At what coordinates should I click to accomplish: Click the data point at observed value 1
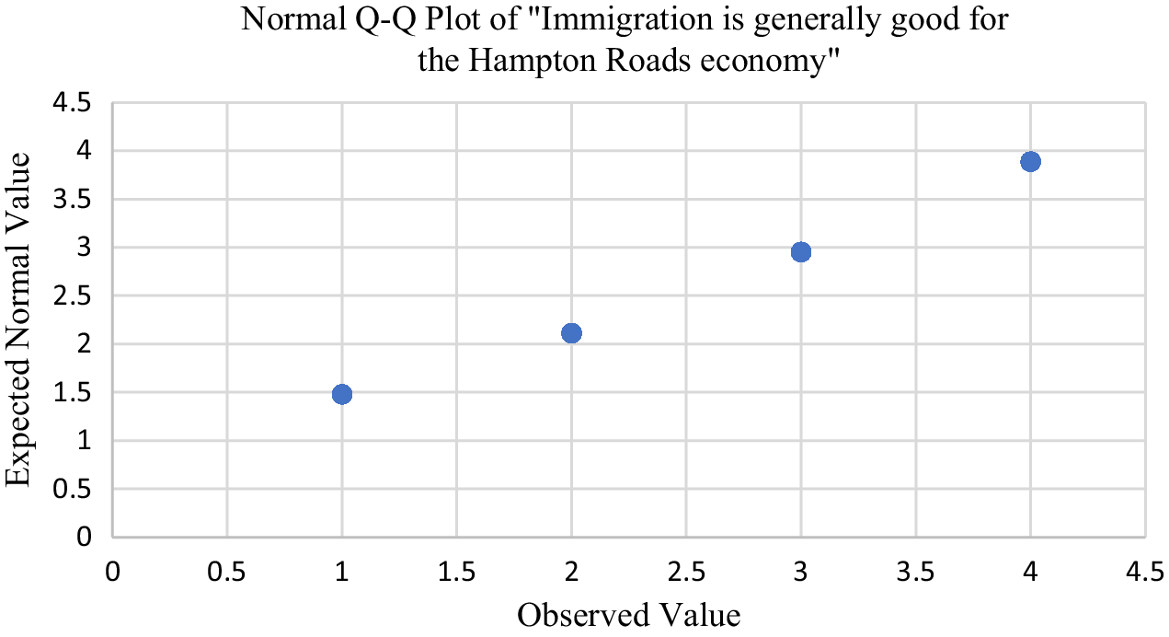342,394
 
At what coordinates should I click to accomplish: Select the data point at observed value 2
571,333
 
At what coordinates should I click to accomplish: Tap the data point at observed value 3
801,252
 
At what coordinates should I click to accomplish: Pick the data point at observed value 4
1030,162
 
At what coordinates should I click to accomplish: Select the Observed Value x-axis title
628,614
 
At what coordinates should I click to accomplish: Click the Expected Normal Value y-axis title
20,319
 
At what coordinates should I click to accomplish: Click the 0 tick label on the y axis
85,538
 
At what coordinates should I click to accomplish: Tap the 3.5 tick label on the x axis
915,573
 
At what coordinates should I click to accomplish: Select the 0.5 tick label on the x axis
227,573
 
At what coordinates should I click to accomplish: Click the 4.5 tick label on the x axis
1144,573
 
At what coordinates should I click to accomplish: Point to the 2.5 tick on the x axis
686,573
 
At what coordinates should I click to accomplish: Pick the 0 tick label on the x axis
112,573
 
